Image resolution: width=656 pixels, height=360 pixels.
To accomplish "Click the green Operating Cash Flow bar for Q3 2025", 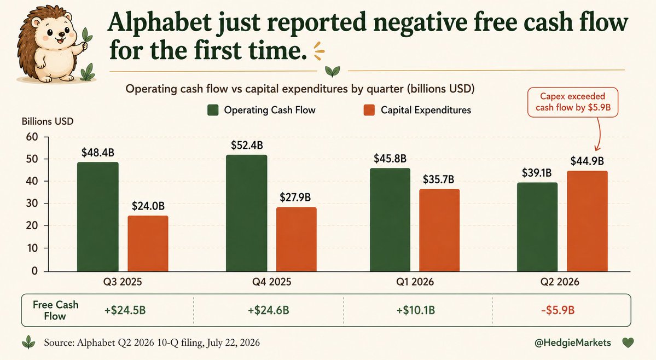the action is (x=98, y=217).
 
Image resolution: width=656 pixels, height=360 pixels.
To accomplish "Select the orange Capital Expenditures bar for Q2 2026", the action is (x=587, y=221).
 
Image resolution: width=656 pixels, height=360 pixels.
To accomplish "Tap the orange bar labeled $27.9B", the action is (x=296, y=239).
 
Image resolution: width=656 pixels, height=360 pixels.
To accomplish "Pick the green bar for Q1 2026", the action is (x=390, y=220).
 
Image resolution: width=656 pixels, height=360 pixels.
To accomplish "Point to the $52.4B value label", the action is (x=247, y=145).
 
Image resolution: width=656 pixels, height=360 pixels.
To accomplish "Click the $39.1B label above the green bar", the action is (x=537, y=173).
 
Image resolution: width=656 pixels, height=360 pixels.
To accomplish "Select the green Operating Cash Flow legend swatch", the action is (x=213, y=110).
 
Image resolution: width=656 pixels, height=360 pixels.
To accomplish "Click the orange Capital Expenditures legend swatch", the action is (x=369, y=110).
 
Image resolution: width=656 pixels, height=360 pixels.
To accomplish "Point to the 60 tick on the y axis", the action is (x=31, y=137).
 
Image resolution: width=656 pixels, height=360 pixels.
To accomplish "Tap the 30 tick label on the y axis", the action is (x=31, y=203).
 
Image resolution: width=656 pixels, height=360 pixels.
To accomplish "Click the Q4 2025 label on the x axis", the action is (x=271, y=282).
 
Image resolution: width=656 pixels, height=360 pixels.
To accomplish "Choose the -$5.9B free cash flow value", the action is (x=558, y=310).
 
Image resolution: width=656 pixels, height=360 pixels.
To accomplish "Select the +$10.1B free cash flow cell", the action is (x=415, y=310).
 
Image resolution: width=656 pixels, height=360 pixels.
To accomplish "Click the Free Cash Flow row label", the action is (x=55, y=310).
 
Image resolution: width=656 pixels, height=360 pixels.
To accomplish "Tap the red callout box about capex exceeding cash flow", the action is (x=573, y=102).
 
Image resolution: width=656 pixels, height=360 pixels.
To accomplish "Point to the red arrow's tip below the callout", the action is (x=597, y=151).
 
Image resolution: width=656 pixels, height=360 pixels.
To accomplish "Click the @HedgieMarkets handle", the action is (x=573, y=343).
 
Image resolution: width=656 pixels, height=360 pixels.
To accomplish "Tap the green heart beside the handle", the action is (x=628, y=343).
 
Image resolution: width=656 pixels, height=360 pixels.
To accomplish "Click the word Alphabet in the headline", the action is (x=159, y=22).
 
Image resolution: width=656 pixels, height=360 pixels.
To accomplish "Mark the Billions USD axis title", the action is (x=47, y=121).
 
